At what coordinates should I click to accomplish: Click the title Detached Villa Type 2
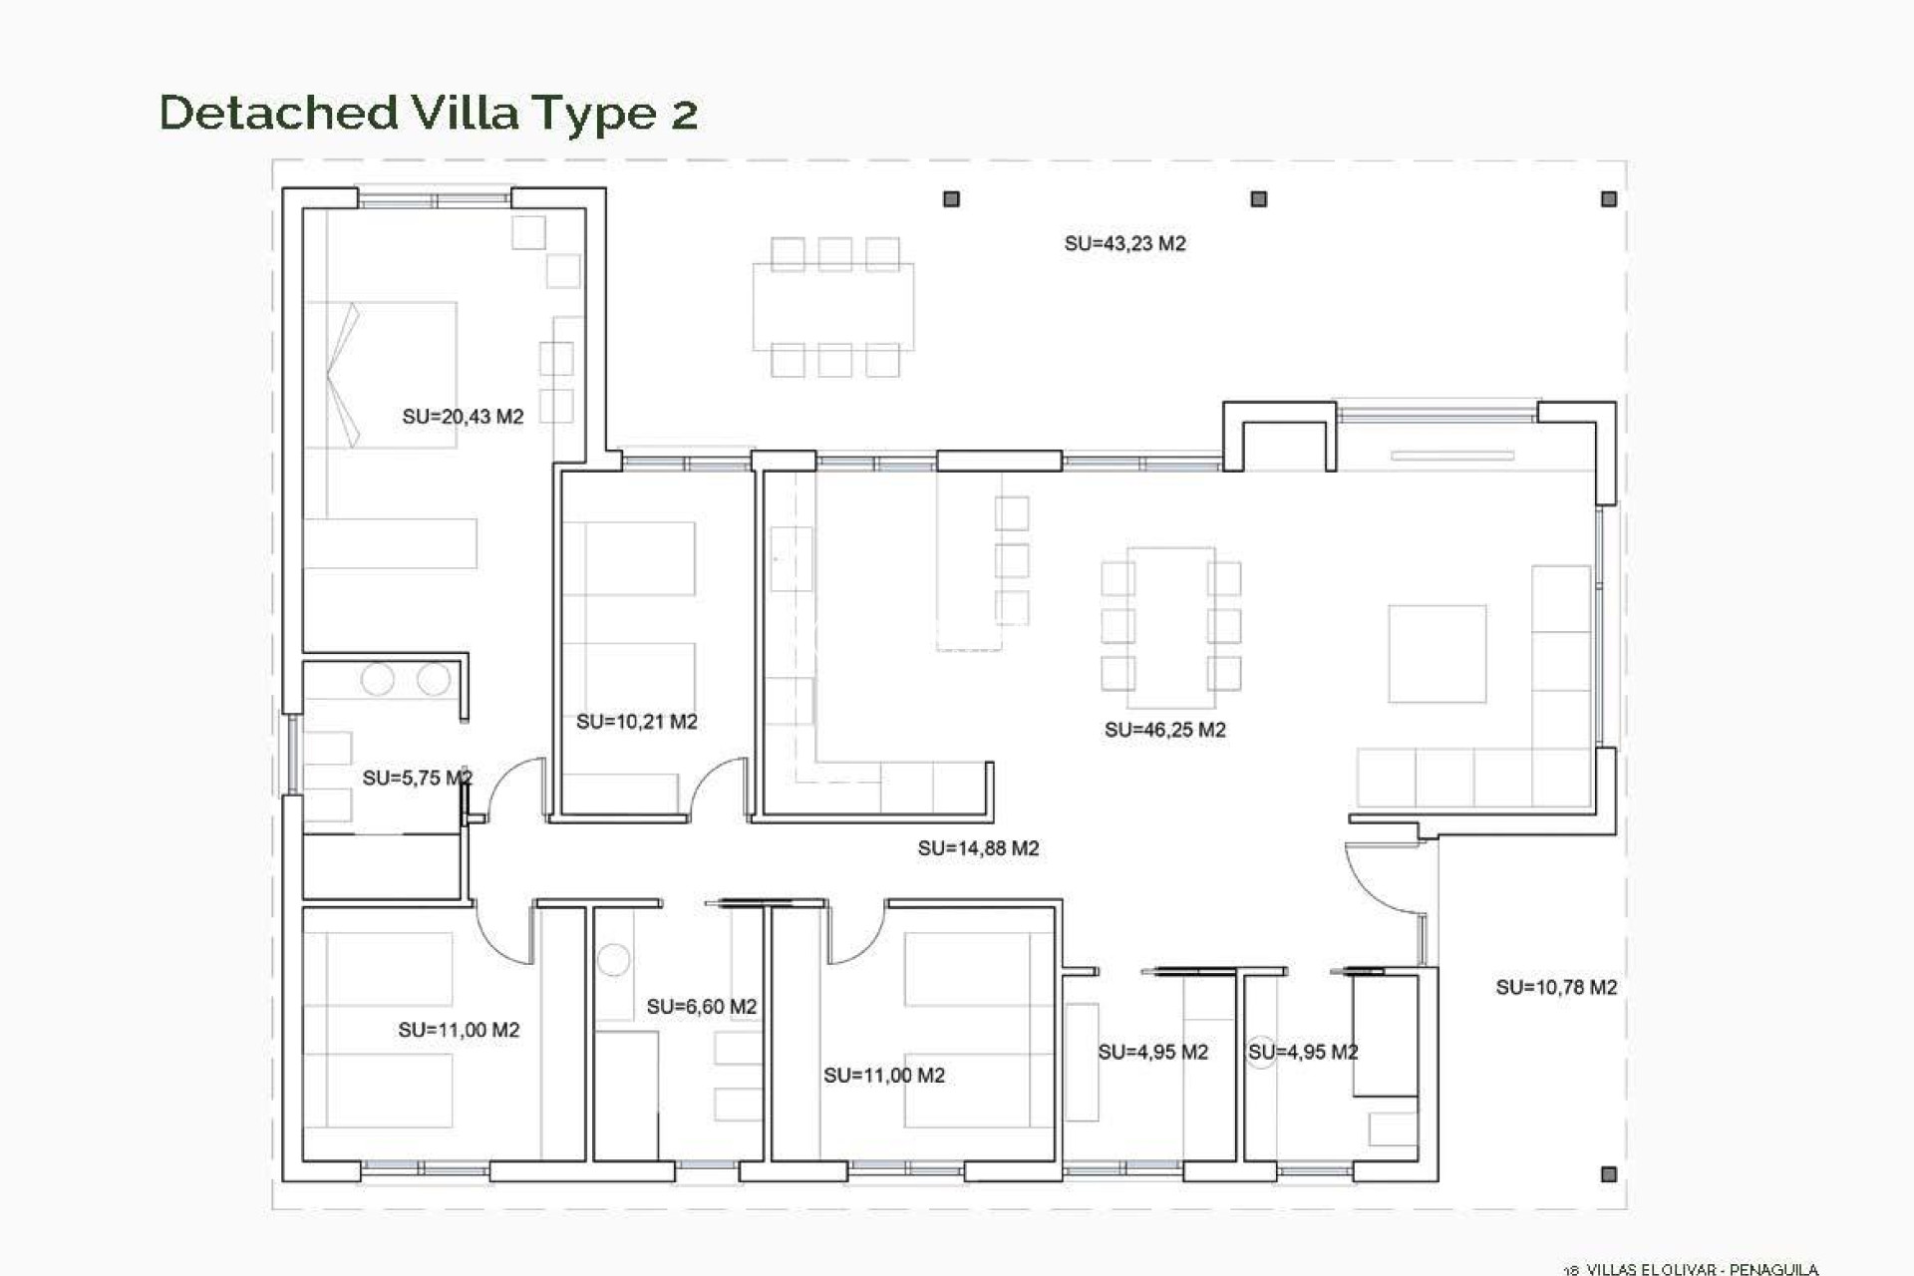428,112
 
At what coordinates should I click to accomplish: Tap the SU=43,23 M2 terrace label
1124,244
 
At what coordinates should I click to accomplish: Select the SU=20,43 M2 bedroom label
463,417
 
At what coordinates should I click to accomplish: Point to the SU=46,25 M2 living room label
1164,730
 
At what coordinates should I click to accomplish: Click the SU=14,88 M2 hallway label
978,848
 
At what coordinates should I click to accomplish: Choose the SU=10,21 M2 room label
636,722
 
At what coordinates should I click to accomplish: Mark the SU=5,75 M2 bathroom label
417,778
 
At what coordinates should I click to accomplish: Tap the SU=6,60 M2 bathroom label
701,1007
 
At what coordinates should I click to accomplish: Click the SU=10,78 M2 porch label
1555,987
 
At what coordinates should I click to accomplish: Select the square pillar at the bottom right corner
1608,1174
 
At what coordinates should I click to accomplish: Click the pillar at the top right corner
1608,199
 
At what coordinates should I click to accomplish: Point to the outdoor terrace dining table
833,307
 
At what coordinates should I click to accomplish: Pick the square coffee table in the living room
1436,654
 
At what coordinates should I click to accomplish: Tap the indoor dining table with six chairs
1170,618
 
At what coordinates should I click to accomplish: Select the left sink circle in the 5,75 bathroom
378,680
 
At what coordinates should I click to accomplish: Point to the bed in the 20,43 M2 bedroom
381,374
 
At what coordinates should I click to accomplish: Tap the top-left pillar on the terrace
951,199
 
